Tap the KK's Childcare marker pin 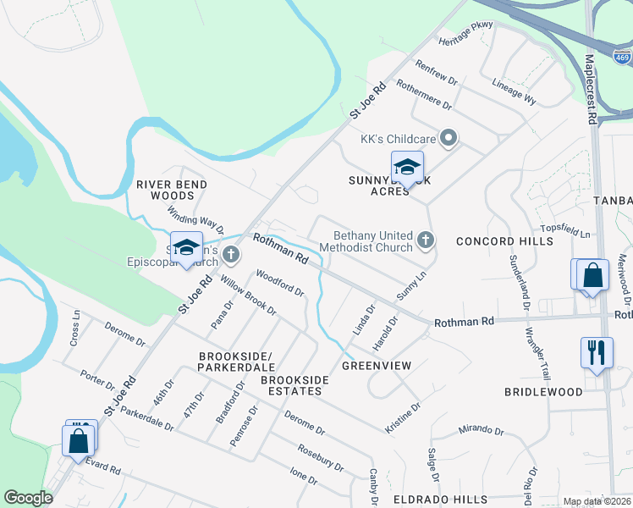point(450,136)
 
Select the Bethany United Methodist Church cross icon point(426,240)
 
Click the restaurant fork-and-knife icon point(597,352)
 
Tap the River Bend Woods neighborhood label point(172,190)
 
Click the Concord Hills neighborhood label point(504,241)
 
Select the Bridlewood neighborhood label point(543,392)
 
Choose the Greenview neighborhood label point(377,366)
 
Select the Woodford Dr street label point(280,284)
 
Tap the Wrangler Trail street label point(537,353)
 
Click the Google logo point(28,499)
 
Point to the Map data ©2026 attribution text point(597,501)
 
